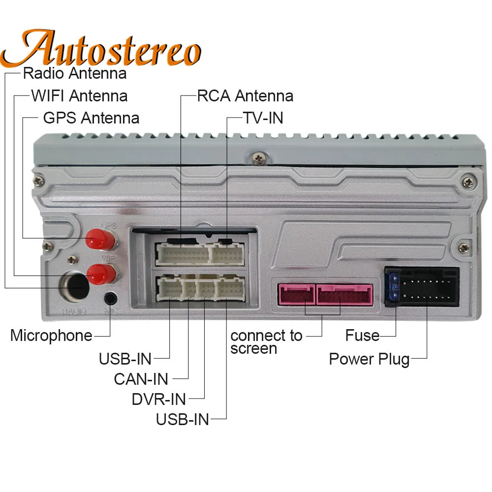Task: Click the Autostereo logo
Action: coord(106,48)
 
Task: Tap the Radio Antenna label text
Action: coord(75,73)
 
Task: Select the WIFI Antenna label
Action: coord(79,95)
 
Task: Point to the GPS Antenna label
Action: coord(91,118)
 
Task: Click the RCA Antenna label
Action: coord(245,95)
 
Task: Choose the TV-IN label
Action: coord(263,118)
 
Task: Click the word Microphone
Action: coord(51,336)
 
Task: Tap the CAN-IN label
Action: coord(141,379)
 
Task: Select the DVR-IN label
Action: coord(158,399)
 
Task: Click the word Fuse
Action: coord(362,336)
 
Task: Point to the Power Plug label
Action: coord(369,359)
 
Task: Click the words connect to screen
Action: coord(266,342)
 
